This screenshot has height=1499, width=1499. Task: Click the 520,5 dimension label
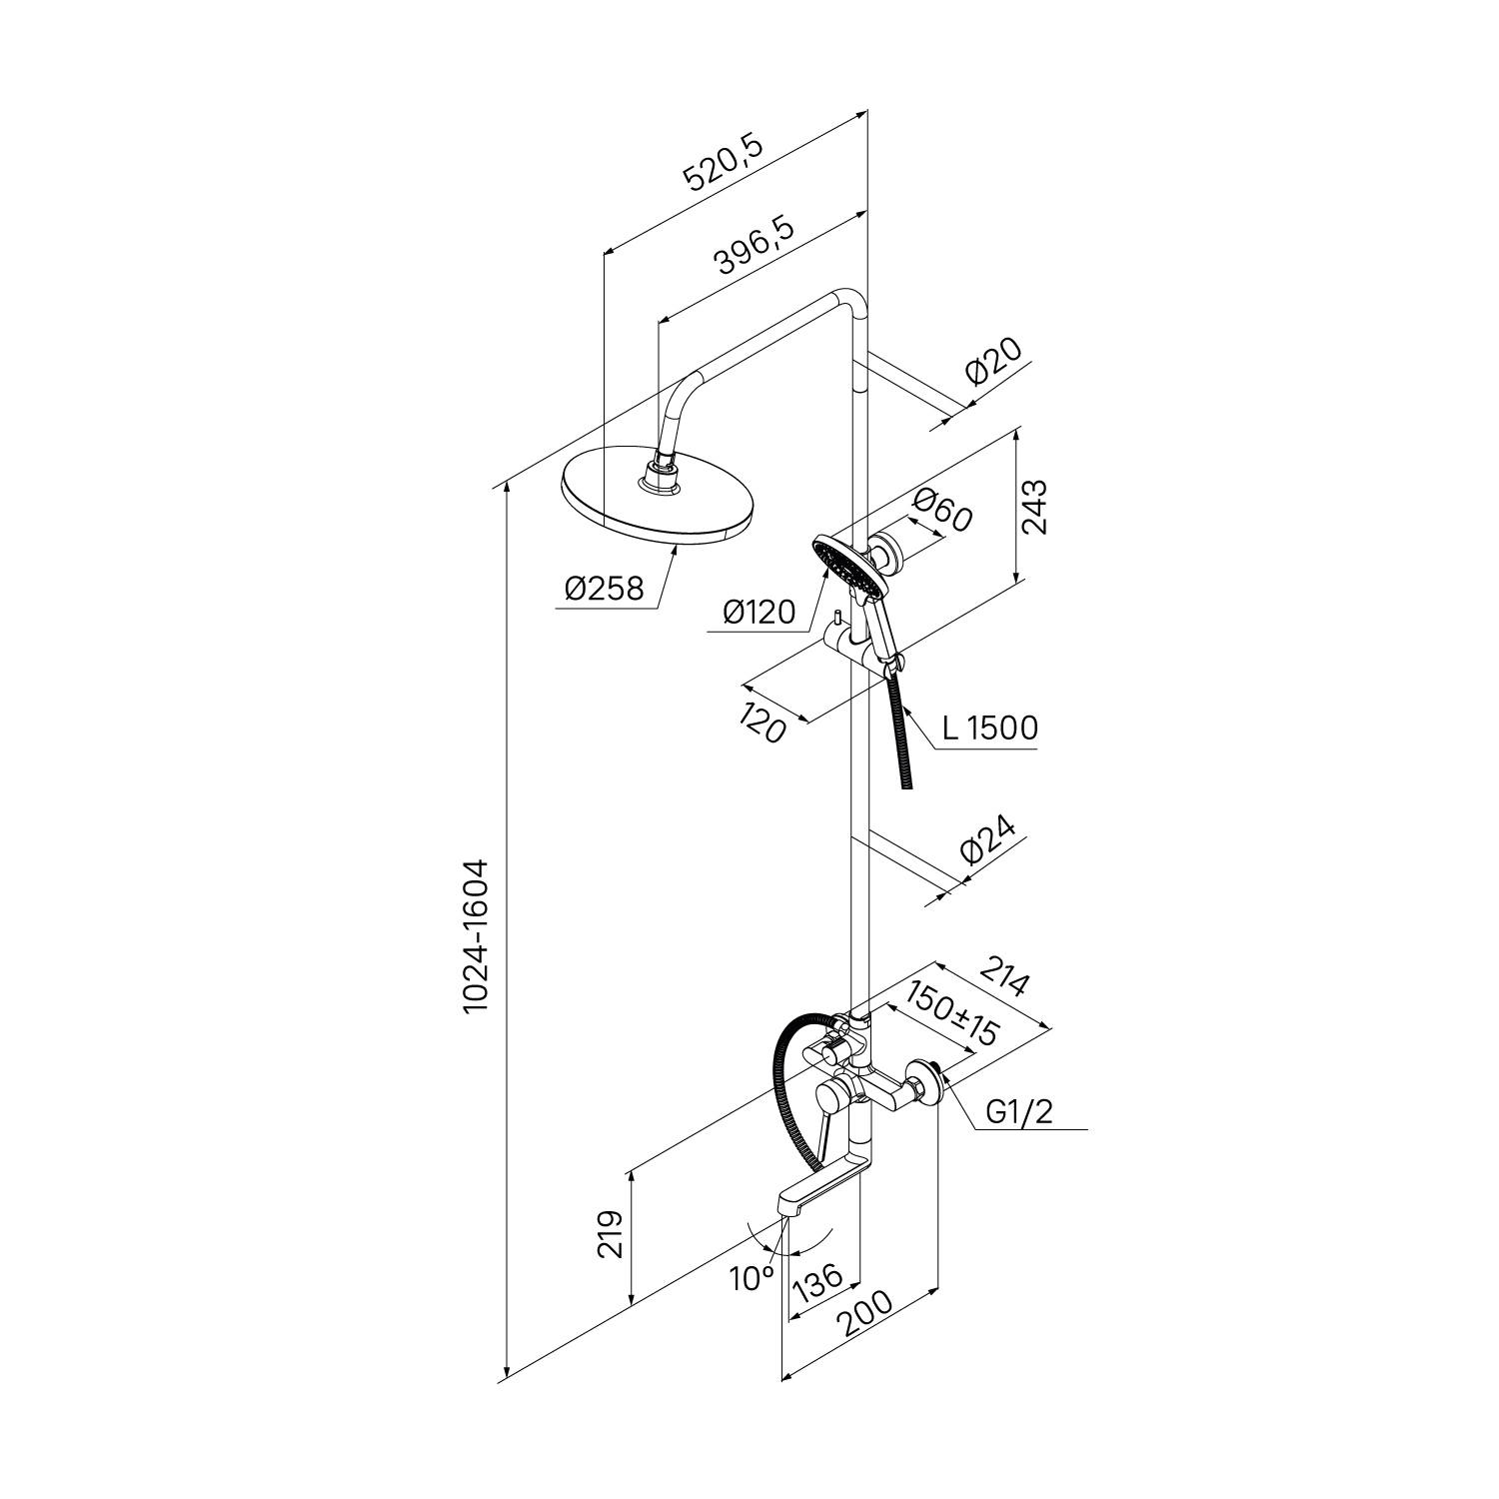click(x=724, y=164)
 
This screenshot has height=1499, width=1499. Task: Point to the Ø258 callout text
click(x=604, y=591)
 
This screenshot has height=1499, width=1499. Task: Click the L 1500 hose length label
click(x=989, y=729)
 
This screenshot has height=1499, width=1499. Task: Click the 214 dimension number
click(x=1002, y=977)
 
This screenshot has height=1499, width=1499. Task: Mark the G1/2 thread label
click(x=1018, y=1113)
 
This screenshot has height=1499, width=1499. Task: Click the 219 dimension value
click(x=612, y=1234)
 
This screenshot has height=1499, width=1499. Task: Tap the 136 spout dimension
click(x=818, y=1282)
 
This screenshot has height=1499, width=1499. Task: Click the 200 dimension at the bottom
click(x=864, y=1315)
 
